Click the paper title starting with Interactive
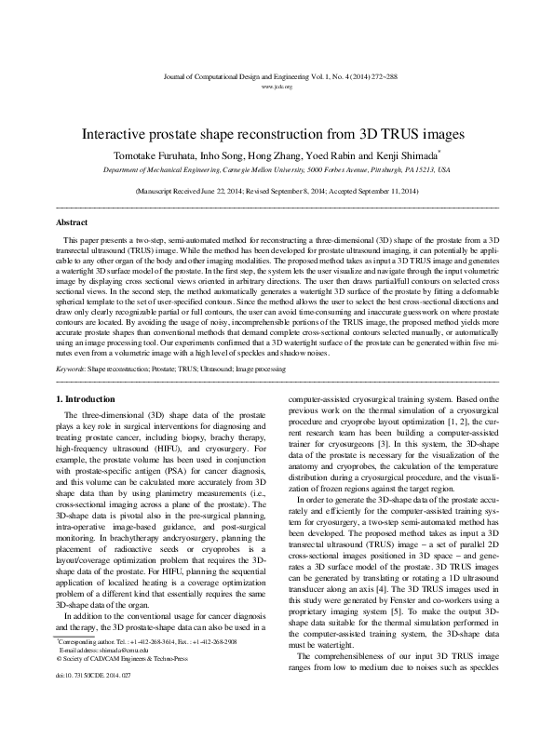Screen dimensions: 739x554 click(x=277, y=134)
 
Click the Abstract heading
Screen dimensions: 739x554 click(x=73, y=224)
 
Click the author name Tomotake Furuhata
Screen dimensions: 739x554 click(x=154, y=155)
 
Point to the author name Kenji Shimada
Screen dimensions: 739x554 click(x=408, y=155)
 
